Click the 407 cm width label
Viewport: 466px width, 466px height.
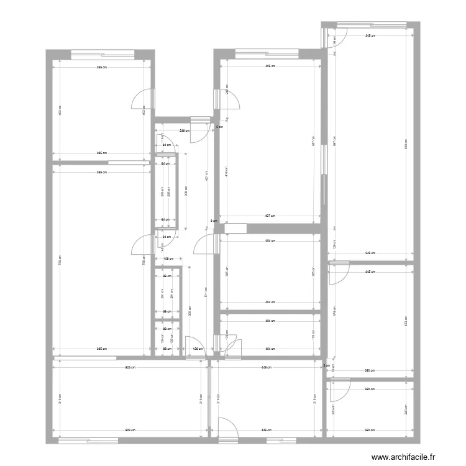pyautogui.click(x=270, y=216)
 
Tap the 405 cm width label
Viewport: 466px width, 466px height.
pyautogui.click(x=270, y=66)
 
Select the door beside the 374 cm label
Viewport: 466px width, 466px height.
pyautogui.click(x=338, y=273)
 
